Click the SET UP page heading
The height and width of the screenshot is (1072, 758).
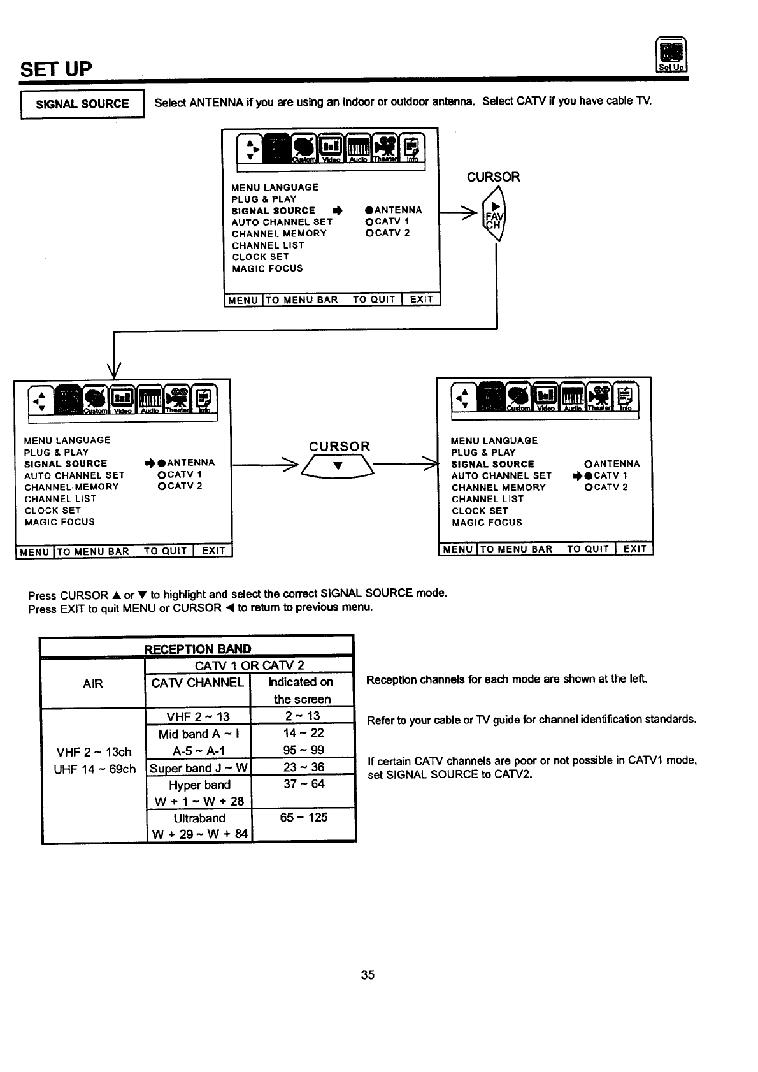[x=56, y=68]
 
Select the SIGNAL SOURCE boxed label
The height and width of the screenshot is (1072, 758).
[x=82, y=104]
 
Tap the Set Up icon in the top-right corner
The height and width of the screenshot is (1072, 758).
[x=671, y=56]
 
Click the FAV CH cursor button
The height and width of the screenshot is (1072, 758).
[x=494, y=215]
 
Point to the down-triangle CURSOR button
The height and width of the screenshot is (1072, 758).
[x=339, y=466]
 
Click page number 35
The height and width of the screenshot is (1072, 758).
[x=368, y=974]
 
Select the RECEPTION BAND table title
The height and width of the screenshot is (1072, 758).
[x=197, y=649]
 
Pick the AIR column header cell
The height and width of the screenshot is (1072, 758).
[x=93, y=684]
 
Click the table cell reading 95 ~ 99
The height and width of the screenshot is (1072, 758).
[x=303, y=750]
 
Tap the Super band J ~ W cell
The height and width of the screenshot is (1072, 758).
[x=199, y=767]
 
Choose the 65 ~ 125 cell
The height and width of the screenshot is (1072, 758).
[x=303, y=817]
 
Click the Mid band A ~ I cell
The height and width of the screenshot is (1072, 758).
[x=199, y=733]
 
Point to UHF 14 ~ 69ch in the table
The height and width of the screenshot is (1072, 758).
[x=94, y=769]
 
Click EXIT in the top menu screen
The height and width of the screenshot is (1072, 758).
[x=421, y=300]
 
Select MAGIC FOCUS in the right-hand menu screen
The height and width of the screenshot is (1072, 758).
[x=487, y=523]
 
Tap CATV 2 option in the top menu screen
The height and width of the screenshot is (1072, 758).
[x=388, y=233]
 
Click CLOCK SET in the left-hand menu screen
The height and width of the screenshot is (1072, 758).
[x=53, y=511]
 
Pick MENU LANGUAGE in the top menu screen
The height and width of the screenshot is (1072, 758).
[x=275, y=187]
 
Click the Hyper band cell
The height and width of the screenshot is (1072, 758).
[x=199, y=785]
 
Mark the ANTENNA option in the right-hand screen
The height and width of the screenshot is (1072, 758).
[x=612, y=464]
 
